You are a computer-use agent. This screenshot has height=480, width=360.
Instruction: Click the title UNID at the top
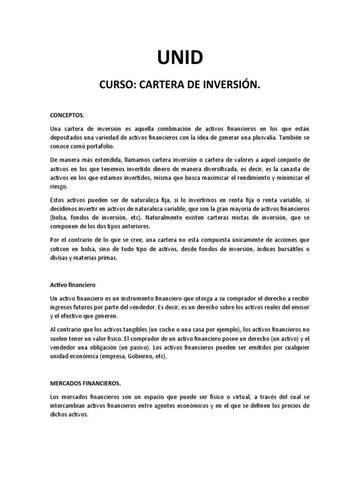180,58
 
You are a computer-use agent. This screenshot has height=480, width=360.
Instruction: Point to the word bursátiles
285,249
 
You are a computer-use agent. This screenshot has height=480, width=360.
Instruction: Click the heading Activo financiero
73,285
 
